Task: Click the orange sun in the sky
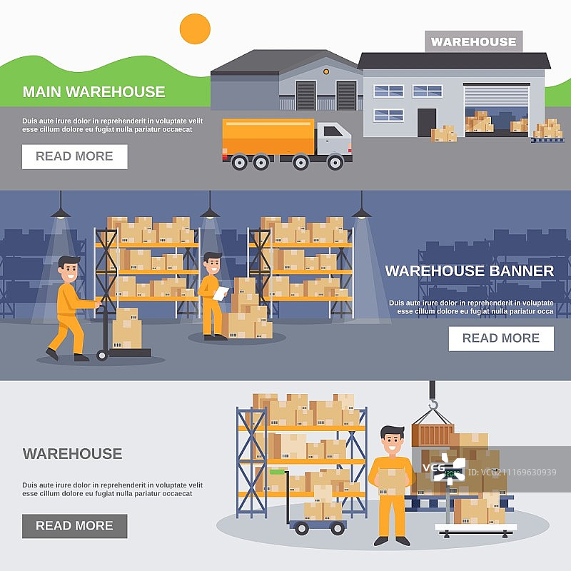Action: pos(195,29)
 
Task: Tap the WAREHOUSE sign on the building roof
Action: pos(473,41)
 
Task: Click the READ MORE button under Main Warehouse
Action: pos(74,156)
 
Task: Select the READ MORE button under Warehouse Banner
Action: pos(501,338)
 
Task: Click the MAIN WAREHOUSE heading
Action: pos(94,92)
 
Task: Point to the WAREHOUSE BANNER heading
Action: pos(469,271)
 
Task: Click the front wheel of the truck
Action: pos(335,162)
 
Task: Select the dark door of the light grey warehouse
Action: pos(427,122)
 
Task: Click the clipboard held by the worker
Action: pos(221,291)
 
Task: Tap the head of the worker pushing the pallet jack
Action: pos(69,268)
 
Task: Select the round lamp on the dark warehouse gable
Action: pos(325,71)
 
